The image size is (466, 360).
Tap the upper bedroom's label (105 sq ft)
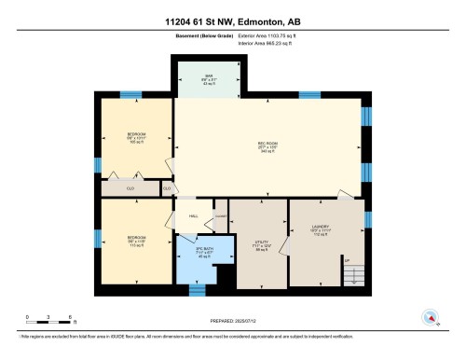[x=136, y=139]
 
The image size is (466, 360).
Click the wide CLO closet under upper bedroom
[x=130, y=188]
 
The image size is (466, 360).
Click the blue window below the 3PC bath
[x=197, y=290]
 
